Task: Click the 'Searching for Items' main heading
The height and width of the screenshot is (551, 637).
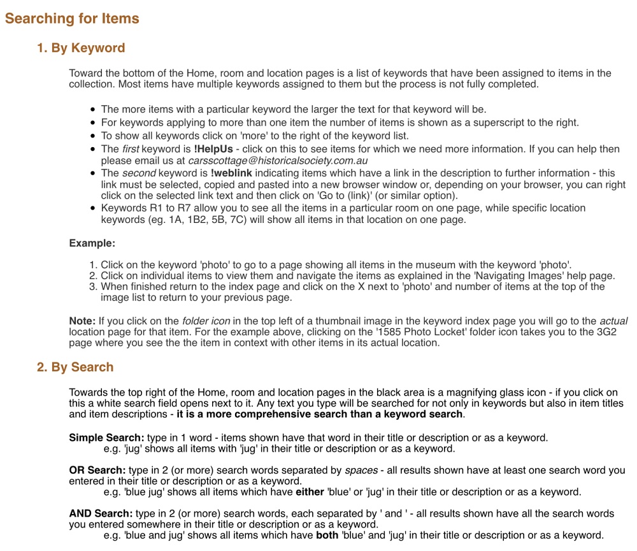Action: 72,18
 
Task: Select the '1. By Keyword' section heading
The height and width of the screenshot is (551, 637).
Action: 81,48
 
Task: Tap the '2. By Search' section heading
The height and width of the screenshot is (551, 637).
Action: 75,368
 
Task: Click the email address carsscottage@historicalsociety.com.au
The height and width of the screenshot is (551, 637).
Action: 278,161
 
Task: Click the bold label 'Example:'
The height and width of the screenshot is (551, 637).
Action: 92,243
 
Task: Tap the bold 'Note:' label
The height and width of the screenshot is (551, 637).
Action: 82,321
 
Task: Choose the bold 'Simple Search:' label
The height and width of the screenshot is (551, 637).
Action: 106,438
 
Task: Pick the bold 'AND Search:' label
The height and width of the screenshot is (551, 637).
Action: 101,513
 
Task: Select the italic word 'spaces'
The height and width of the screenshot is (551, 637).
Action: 361,471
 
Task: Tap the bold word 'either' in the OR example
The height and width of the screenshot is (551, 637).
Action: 310,492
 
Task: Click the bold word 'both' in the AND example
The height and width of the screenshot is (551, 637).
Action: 327,535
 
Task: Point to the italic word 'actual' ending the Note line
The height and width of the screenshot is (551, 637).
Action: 613,321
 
